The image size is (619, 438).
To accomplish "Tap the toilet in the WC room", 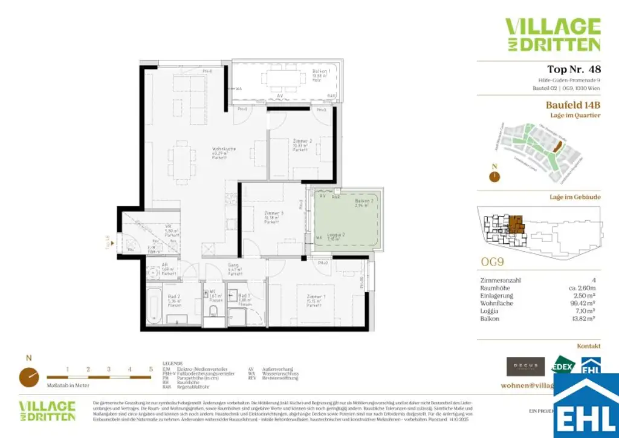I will click(x=212, y=310).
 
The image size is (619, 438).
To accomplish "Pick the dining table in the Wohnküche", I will click(x=181, y=162).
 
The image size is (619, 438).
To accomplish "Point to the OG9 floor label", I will click(x=493, y=264).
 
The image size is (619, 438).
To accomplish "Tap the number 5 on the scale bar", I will click(x=151, y=368).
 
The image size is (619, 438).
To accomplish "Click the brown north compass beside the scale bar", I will click(x=28, y=376).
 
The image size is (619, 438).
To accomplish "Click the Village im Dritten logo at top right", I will click(x=553, y=34).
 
